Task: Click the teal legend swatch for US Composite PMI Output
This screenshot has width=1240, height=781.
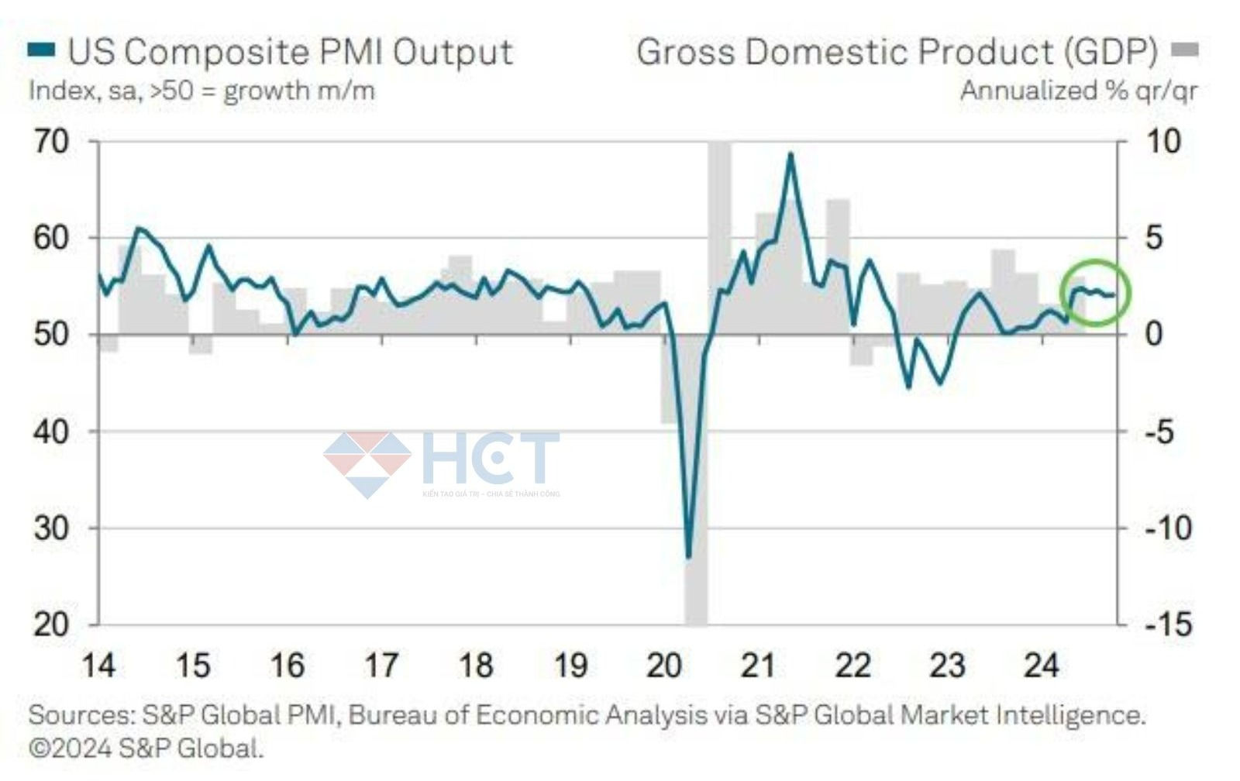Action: pos(41,50)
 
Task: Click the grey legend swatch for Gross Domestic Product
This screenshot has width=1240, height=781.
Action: pos(1184,50)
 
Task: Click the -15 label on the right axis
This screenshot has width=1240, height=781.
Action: pos(1169,624)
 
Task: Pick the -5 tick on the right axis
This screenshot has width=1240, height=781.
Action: pos(1159,432)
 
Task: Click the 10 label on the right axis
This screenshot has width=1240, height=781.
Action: pos(1162,142)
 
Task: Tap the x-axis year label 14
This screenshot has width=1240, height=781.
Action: pos(98,666)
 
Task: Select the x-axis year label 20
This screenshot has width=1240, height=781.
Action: pos(664,666)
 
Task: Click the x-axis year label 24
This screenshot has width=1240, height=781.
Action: pos(1041,666)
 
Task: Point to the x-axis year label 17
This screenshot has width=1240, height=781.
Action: pos(381,666)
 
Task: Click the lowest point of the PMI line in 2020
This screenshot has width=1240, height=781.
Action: pos(688,556)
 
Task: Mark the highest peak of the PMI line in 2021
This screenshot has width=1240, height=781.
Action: pos(790,153)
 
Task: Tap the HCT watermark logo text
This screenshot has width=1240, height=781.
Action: pos(490,458)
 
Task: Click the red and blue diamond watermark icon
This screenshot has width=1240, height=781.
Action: pos(367,463)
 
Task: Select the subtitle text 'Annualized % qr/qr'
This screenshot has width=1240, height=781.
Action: pos(1079,91)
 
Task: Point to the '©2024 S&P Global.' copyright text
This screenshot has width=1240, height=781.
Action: pos(146,748)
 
